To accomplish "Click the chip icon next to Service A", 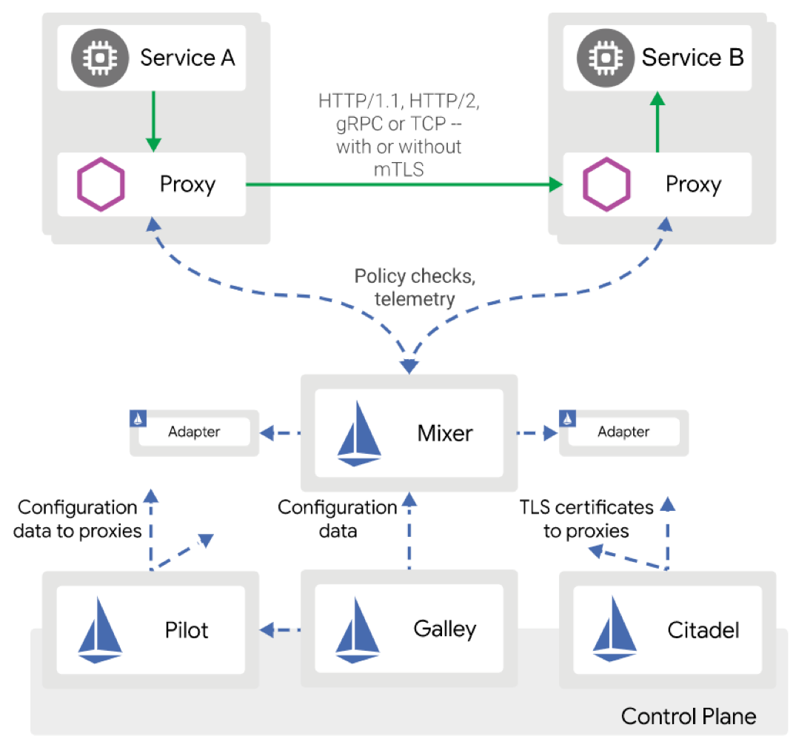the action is click(x=100, y=58).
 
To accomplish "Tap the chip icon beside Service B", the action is click(x=606, y=58).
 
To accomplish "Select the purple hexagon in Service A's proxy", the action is click(x=101, y=184).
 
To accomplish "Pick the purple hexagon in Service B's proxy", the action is click(x=606, y=184).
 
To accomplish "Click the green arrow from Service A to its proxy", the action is click(x=153, y=121).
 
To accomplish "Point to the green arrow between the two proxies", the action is click(x=404, y=184).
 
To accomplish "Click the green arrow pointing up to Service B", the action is click(x=657, y=121).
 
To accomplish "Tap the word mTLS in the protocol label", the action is click(x=399, y=170).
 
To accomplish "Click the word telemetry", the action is click(x=415, y=299).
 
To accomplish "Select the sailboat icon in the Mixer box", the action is click(x=359, y=434).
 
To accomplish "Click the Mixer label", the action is click(x=445, y=434).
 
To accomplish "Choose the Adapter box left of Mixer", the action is click(x=194, y=432).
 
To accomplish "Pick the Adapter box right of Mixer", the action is click(x=624, y=432).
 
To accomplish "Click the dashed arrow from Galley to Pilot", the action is click(x=280, y=630).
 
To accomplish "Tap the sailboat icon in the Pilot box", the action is click(x=100, y=630).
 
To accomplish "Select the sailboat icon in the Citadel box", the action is click(x=615, y=629).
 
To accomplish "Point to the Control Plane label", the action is click(x=689, y=717).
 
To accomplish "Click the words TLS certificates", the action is click(x=586, y=507).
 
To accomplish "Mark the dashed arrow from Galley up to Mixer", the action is click(x=409, y=531).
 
